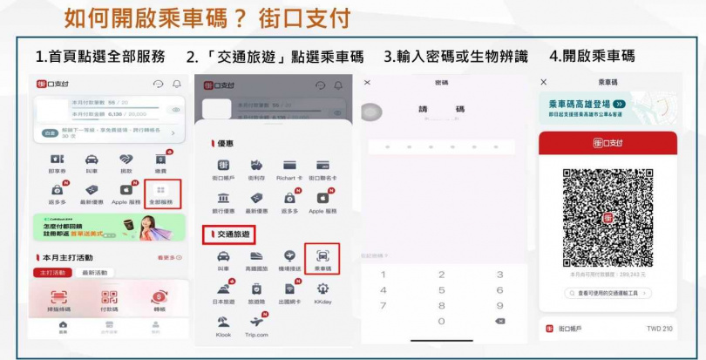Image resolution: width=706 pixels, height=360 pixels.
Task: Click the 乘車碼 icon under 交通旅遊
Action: tap(322, 259)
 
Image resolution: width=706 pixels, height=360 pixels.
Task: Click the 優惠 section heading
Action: tap(225, 143)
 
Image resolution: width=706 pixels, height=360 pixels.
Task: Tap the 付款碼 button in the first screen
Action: tap(109, 301)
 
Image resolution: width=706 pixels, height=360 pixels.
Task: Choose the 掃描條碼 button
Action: tap(58, 301)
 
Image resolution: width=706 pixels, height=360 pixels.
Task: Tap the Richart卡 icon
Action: tap(289, 169)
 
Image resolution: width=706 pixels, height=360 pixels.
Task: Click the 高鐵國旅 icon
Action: tap(257, 259)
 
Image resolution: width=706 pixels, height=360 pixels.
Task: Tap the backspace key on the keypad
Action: tap(499, 321)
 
